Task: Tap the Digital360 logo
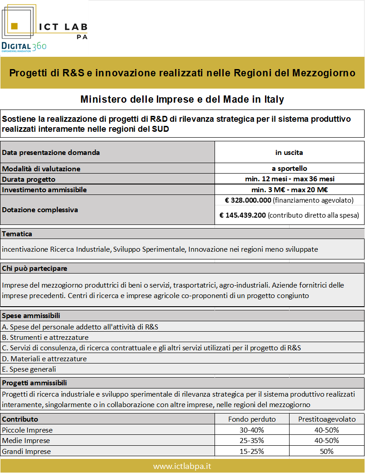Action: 24,46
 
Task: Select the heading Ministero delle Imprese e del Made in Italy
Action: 182,99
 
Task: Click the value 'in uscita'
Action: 290,152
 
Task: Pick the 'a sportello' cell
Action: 290,169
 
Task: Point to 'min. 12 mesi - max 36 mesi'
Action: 290,179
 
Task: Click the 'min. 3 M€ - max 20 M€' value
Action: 290,189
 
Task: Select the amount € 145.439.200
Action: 243,215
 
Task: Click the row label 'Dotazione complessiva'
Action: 40,210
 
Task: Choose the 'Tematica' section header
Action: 17,234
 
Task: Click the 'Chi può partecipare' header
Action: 35,268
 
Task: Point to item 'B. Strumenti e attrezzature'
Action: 45,337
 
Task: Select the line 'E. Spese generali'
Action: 29,369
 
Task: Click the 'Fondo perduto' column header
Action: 252,419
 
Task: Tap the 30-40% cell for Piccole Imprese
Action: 252,430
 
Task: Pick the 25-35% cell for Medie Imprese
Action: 252,440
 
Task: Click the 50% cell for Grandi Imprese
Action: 327,451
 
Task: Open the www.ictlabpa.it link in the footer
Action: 182,466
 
